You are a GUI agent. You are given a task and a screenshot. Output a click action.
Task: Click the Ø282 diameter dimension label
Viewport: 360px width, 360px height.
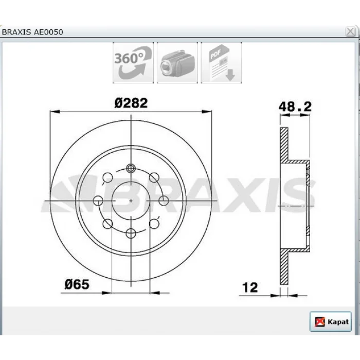[x=131, y=103]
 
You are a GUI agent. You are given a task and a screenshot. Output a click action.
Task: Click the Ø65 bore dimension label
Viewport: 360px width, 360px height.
[x=77, y=284]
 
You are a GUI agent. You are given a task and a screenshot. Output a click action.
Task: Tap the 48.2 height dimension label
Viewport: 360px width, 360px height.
[x=295, y=106]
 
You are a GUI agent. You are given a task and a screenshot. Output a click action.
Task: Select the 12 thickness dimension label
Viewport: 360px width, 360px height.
[x=250, y=287]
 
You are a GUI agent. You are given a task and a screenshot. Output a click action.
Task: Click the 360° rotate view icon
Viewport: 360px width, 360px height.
[x=133, y=62]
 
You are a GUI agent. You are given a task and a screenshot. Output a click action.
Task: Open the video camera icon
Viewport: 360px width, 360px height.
[x=177, y=62]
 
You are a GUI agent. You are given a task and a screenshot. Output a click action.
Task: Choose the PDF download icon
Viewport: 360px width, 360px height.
[x=221, y=62]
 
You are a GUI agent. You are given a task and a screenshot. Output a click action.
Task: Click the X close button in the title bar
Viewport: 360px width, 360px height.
[x=350, y=31]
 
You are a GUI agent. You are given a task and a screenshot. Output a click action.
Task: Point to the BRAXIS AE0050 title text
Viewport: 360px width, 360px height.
[x=32, y=32]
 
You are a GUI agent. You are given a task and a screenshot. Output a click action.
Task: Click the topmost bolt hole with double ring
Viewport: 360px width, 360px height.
[x=131, y=169]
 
